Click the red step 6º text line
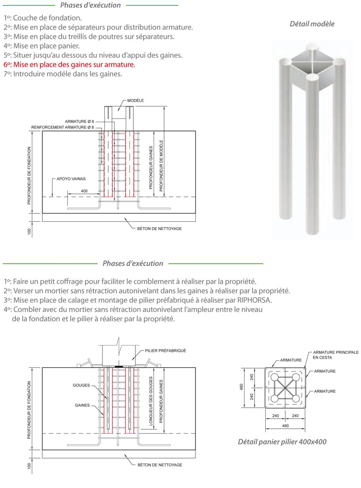[x=69, y=65]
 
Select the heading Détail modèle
[x=312, y=24]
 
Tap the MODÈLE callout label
[x=135, y=101]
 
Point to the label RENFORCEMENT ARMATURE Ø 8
[x=63, y=127]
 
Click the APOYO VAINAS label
[x=71, y=179]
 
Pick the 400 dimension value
[x=84, y=191]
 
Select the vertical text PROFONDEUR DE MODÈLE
[x=161, y=165]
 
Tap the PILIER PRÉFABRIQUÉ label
[x=166, y=351]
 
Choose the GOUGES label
[x=81, y=385]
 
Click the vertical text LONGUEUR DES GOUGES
[x=151, y=401]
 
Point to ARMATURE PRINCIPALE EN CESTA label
[x=336, y=355]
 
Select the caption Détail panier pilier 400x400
[x=282, y=442]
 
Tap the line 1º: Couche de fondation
[x=43, y=18]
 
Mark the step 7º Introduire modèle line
[x=63, y=74]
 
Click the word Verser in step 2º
[x=23, y=291]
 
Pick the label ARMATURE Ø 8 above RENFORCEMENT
[x=79, y=121]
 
